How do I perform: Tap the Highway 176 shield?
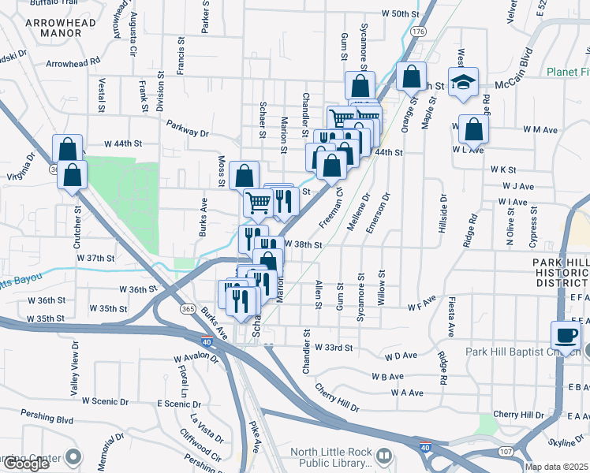click(x=418, y=31)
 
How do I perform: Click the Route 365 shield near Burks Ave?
click(x=187, y=307)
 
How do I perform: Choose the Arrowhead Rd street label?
click(x=73, y=61)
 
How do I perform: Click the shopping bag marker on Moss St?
click(x=245, y=175)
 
